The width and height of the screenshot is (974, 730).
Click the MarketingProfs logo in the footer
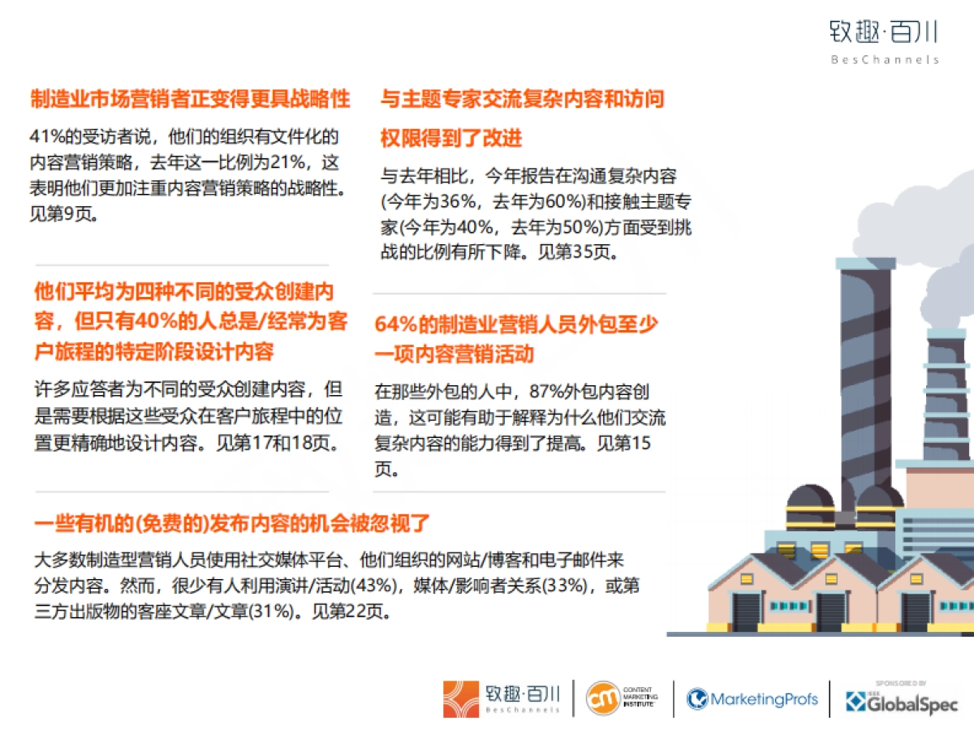tap(752, 698)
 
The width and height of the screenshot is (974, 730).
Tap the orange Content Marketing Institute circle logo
tap(602, 698)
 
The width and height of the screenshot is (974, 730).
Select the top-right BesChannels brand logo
tap(883, 41)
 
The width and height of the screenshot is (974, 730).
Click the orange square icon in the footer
tap(462, 699)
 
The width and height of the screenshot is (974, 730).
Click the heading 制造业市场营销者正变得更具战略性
tap(191, 99)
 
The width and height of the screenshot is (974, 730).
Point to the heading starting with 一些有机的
tap(231, 522)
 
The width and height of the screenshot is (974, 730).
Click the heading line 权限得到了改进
tap(451, 138)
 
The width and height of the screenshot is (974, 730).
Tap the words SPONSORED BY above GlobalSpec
tap(901, 683)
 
